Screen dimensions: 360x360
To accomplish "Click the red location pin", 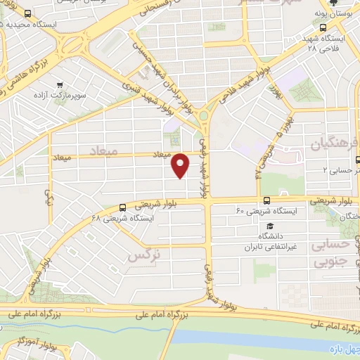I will (x=181, y=166).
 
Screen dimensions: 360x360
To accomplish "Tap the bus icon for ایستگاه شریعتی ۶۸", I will (x=124, y=207).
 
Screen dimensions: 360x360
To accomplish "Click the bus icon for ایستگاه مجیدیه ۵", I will (x=27, y=14).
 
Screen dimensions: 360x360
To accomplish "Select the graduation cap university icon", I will (x=269, y=226).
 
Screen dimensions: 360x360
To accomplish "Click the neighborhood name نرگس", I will (x=140, y=257).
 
